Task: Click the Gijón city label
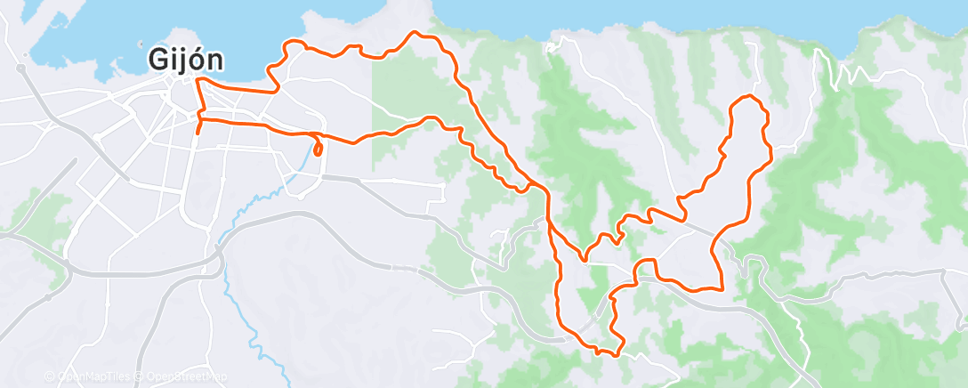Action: tap(185, 60)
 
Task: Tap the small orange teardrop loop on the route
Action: tap(317, 147)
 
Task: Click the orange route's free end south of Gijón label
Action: tap(197, 133)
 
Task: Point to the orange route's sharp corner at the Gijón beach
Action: tap(197, 80)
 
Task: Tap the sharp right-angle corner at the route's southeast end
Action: tap(721, 288)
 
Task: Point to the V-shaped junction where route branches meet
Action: tap(584, 260)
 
